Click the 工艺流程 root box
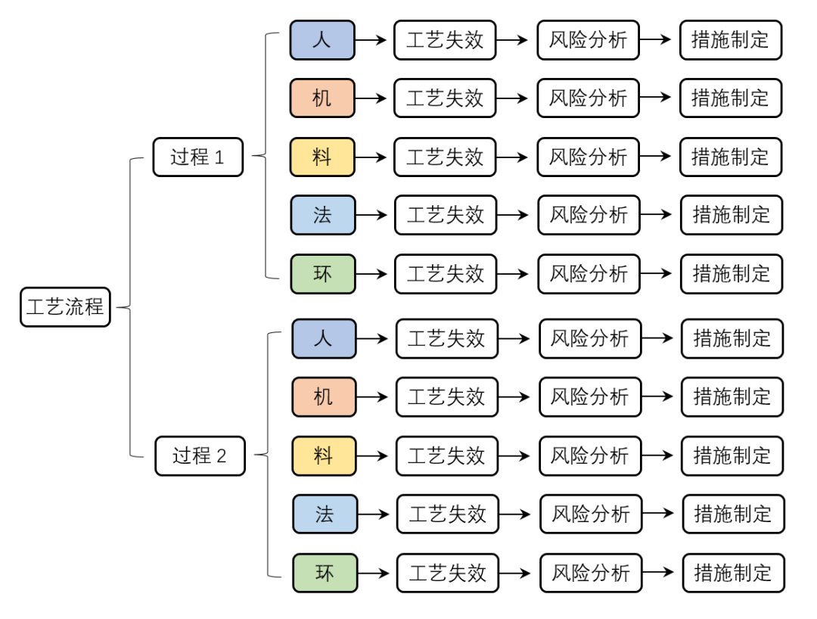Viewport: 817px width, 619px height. point(65,307)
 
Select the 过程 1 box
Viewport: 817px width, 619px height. point(198,157)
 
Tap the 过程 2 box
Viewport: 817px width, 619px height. point(200,456)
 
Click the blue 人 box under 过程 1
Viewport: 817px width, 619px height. point(322,40)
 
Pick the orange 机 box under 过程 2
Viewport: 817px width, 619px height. point(324,397)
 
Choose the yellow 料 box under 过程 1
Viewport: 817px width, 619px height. point(322,157)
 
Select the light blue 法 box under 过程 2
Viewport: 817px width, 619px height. point(325,514)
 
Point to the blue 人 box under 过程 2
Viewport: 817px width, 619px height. point(324,338)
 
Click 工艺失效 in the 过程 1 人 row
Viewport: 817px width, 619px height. point(445,40)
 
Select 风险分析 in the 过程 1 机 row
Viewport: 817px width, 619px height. point(588,98)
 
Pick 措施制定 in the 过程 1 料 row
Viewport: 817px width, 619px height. point(730,157)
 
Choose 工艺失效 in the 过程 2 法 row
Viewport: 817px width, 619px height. point(447,514)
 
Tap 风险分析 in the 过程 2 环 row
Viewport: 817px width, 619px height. point(590,573)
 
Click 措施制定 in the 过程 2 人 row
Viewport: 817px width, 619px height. point(732,338)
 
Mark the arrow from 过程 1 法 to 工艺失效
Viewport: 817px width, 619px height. point(374,215)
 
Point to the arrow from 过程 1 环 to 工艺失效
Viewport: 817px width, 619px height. point(374,273)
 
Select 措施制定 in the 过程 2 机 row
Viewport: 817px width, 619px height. point(732,397)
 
